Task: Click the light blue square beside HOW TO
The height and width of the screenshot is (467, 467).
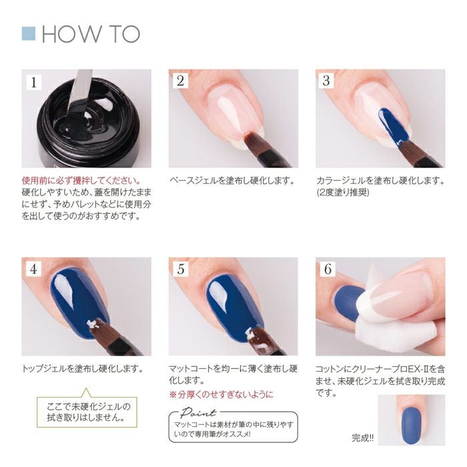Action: click(x=29, y=33)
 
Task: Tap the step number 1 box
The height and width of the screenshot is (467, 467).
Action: click(x=34, y=82)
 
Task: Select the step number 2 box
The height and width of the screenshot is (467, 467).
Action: click(x=181, y=81)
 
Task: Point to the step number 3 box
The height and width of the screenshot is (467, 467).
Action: click(x=326, y=81)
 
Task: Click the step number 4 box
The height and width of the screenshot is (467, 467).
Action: click(x=33, y=269)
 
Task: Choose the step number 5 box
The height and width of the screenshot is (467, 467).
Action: click(x=181, y=269)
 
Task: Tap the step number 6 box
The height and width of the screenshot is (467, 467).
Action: click(x=328, y=269)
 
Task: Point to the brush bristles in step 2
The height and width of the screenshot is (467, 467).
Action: click(x=254, y=141)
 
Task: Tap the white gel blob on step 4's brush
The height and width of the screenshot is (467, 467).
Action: click(x=93, y=325)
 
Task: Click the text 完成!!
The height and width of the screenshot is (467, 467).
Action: click(x=362, y=438)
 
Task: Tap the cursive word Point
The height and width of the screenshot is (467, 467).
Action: click(x=198, y=412)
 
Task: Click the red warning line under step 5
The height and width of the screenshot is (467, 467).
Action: click(x=221, y=395)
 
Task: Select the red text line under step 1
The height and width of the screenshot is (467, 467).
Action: click(x=81, y=181)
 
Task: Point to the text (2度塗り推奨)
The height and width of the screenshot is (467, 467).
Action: click(x=343, y=193)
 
